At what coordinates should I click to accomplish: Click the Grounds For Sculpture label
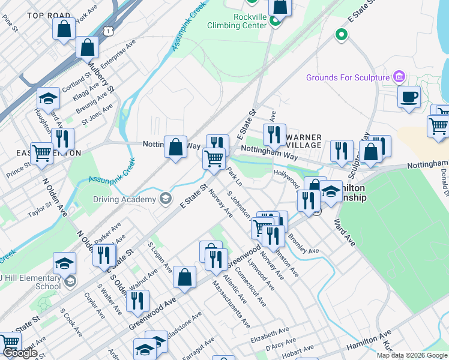click(x=347, y=77)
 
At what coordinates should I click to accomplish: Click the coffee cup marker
click(x=409, y=97)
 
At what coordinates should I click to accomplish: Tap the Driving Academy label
click(x=124, y=199)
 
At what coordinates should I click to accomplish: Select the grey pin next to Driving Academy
click(x=166, y=199)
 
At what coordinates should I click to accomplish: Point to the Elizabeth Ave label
click(x=270, y=333)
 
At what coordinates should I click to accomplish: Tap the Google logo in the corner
click(x=20, y=353)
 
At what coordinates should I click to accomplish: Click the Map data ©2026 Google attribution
click(x=412, y=355)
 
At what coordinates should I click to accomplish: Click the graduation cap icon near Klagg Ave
click(x=49, y=98)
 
